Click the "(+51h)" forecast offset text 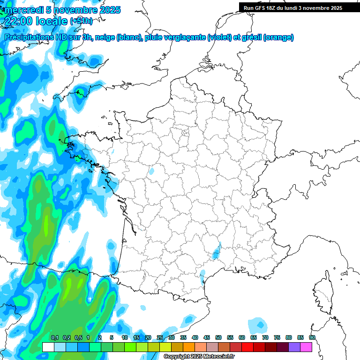click(x=81, y=21)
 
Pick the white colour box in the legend click(x=48, y=347)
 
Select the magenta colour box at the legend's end click(x=306, y=347)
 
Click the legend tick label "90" click(x=312, y=338)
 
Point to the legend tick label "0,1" click(x=54, y=338)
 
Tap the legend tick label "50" click(x=218, y=338)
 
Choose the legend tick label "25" click(x=160, y=338)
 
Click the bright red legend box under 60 click(x=247, y=347)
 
